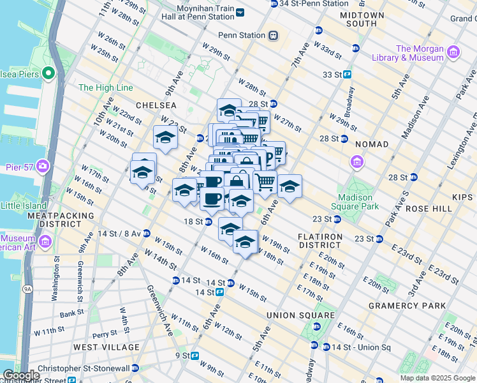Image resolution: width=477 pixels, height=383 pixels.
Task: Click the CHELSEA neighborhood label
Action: (x=156, y=105)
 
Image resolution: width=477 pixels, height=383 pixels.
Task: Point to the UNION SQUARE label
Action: (x=300, y=315)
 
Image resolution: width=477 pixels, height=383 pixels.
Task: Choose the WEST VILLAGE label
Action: (x=106, y=347)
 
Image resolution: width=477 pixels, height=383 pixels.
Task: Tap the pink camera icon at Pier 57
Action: (x=43, y=166)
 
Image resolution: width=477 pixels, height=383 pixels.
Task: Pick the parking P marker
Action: (x=267, y=157)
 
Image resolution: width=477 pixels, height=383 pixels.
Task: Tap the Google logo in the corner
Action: (x=21, y=375)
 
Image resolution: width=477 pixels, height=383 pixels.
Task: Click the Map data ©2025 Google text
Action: (x=437, y=378)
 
